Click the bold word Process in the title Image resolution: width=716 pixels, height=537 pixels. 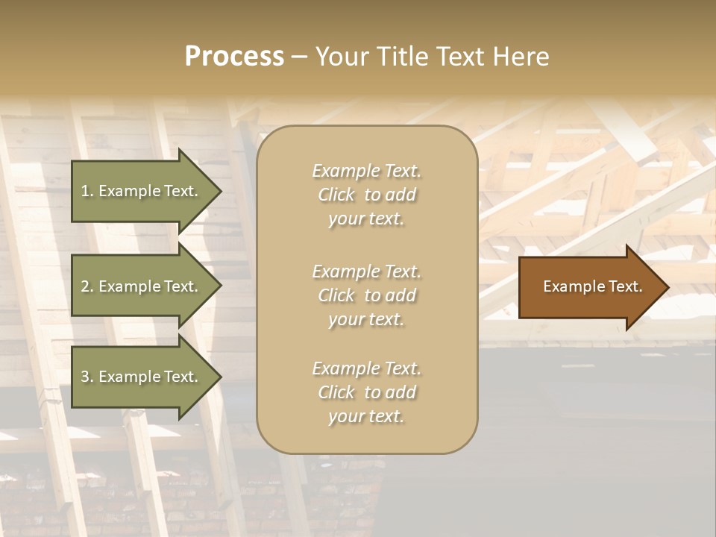[234, 57]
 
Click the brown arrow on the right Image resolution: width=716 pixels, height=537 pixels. [589, 287]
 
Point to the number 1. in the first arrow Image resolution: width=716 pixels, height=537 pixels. [87, 191]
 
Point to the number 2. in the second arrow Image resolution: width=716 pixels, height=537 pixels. [87, 286]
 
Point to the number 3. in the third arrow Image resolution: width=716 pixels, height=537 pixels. [87, 377]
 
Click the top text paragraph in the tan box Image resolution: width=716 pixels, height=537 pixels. [366, 195]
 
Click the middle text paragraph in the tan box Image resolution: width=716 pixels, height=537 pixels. [366, 295]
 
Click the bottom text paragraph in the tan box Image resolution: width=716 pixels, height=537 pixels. [366, 392]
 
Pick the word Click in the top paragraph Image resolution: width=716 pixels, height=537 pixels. [336, 195]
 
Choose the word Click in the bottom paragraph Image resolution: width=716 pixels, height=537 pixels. [336, 392]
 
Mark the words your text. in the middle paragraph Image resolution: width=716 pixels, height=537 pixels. [366, 319]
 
